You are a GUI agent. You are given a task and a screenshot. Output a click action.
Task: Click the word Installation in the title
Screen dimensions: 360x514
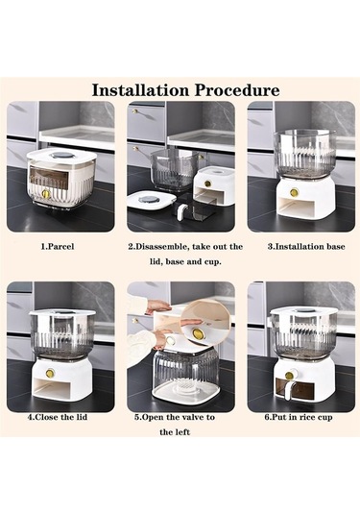pos(140,90)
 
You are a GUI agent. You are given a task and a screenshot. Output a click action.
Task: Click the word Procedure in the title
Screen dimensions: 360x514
pos(237,90)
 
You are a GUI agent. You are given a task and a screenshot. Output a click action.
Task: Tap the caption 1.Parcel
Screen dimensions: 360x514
pos(58,247)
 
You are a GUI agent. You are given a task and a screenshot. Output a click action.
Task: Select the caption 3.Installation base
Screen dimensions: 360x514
pos(306,247)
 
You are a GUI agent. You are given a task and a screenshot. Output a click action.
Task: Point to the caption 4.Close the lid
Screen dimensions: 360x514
pos(58,417)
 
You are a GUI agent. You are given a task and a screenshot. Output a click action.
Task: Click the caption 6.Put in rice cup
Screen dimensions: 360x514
pos(299,417)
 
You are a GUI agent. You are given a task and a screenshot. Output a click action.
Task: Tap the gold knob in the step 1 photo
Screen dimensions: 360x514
pos(46,194)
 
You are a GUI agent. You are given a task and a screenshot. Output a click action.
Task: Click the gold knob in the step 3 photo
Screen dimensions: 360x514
pos(294,192)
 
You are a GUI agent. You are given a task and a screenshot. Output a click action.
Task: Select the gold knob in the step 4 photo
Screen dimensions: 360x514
pos(50,373)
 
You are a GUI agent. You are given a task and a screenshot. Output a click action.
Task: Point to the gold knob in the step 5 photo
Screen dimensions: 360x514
pos(198,334)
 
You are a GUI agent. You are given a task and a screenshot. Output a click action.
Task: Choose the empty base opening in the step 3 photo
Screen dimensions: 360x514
pos(297,208)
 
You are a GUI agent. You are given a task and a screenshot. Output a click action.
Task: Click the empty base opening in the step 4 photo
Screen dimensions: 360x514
pos(50,389)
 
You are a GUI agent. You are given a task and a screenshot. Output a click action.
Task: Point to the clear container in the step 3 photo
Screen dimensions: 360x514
pos(304,153)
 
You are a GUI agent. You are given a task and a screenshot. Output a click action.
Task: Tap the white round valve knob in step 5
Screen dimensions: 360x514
pos(170,341)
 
